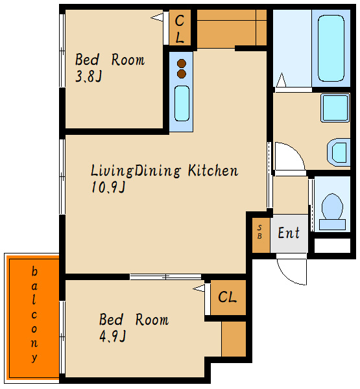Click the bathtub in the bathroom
[x=331, y=49]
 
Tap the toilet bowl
[x=332, y=206]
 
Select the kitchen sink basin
[x=182, y=104]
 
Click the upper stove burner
[x=182, y=64]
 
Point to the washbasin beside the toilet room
[x=339, y=152]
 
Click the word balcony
[x=34, y=314]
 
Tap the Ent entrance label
[x=289, y=233]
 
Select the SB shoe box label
[x=259, y=231]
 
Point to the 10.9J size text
[x=108, y=187]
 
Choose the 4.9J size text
[x=112, y=336]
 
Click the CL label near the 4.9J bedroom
[x=227, y=296]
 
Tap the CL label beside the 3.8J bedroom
[x=180, y=29]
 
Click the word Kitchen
[x=213, y=170]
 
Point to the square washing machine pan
[x=335, y=108]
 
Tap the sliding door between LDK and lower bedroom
[x=165, y=277]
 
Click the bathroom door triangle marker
[x=281, y=80]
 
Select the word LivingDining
[x=136, y=171]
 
